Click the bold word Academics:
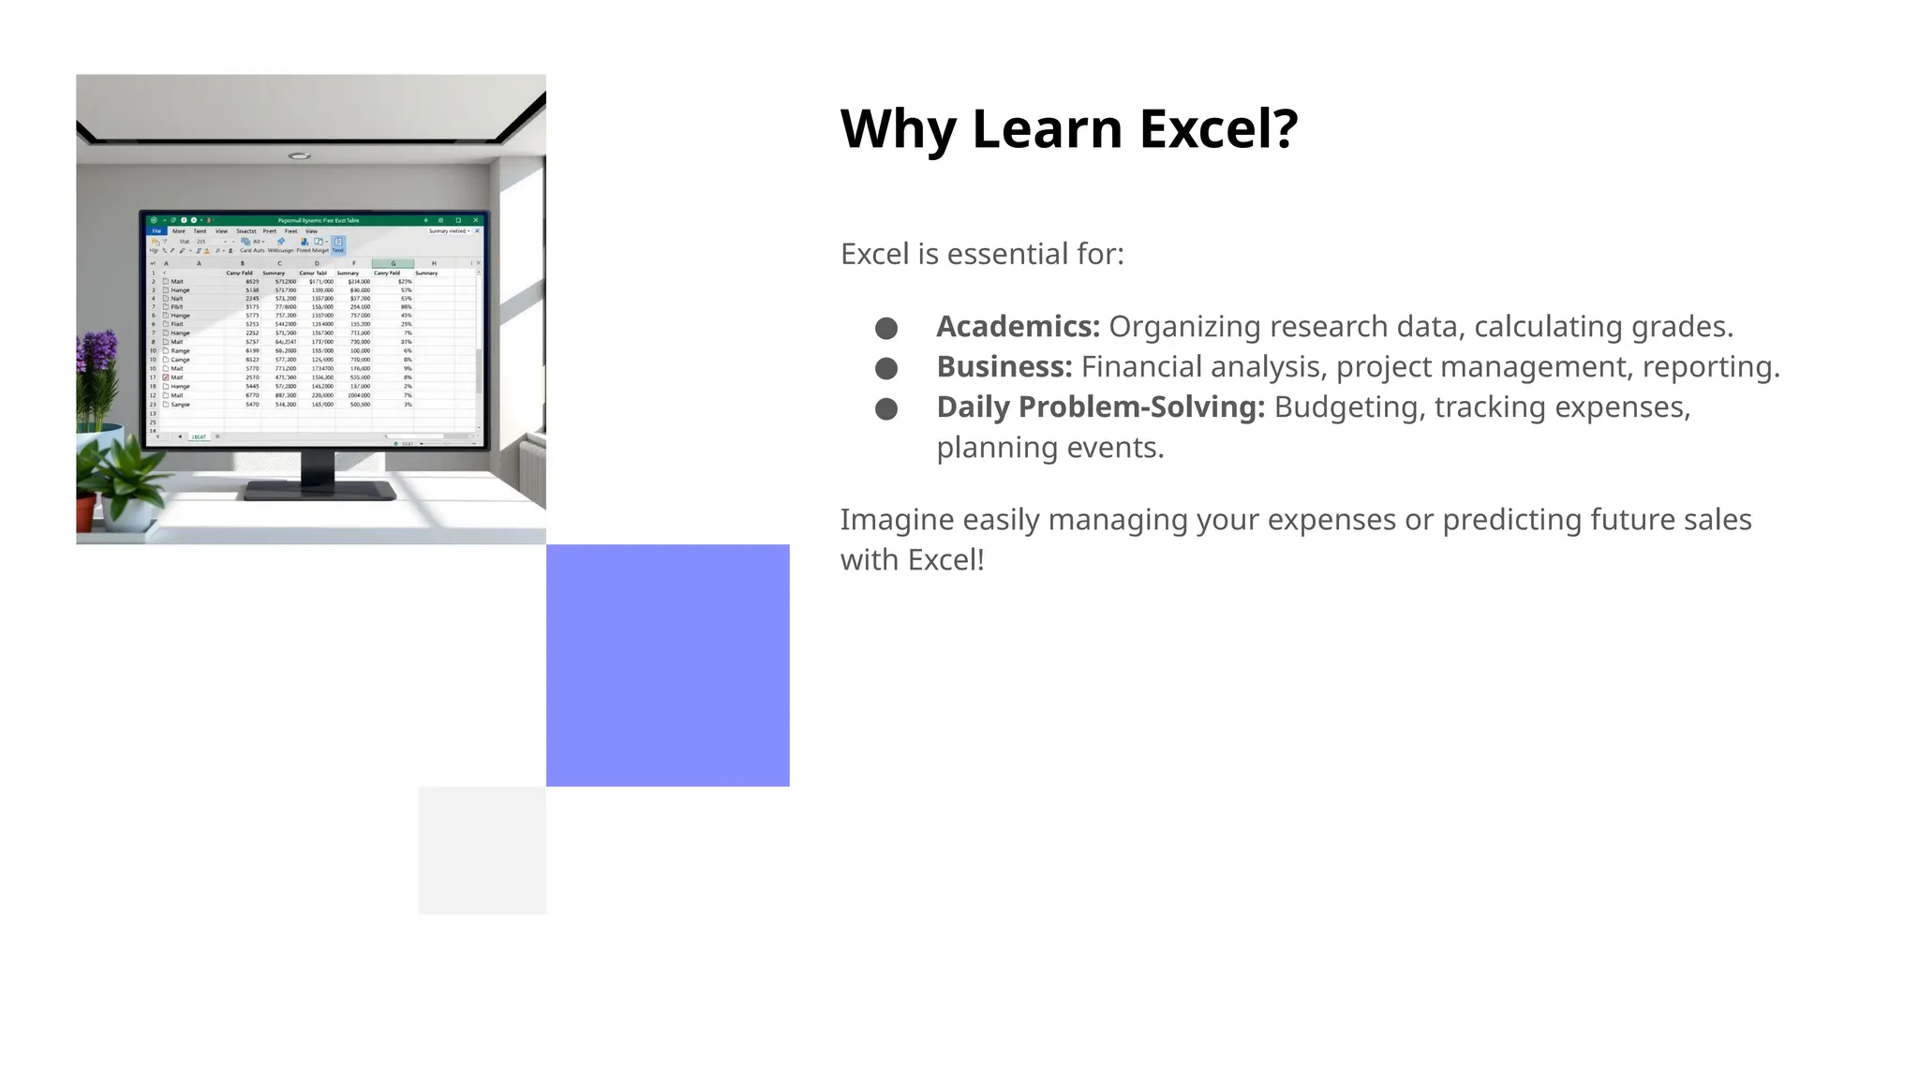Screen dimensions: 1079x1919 pos(1018,327)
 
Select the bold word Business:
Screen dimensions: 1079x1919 pos(1004,367)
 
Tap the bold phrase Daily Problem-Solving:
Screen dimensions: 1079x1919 pos(1100,407)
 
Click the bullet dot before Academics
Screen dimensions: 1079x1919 pos(885,328)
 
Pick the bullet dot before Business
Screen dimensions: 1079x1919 pos(885,368)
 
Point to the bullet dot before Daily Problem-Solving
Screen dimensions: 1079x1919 pos(885,408)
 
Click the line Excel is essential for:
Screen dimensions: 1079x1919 pos(981,254)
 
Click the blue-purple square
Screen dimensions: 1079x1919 pos(667,665)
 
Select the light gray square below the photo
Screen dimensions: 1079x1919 pos(482,850)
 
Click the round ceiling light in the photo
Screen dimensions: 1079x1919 pos(299,155)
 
